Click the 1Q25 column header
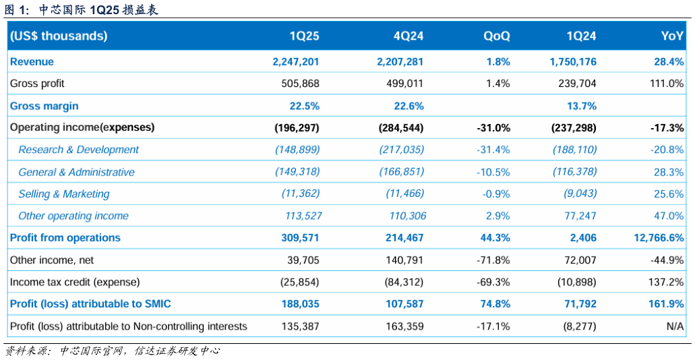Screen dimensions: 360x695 (304, 36)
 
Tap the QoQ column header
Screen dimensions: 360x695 (497, 36)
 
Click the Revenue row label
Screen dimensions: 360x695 (32, 61)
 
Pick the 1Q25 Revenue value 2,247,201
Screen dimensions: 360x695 (296, 61)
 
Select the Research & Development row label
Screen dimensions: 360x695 (78, 150)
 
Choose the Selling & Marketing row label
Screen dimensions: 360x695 (63, 194)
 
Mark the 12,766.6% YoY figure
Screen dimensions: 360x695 (659, 237)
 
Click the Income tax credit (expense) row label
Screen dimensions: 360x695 (75, 282)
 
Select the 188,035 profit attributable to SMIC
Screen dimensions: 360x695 (300, 304)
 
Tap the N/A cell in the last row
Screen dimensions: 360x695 (675, 326)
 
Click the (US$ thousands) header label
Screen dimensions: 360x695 (59, 36)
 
